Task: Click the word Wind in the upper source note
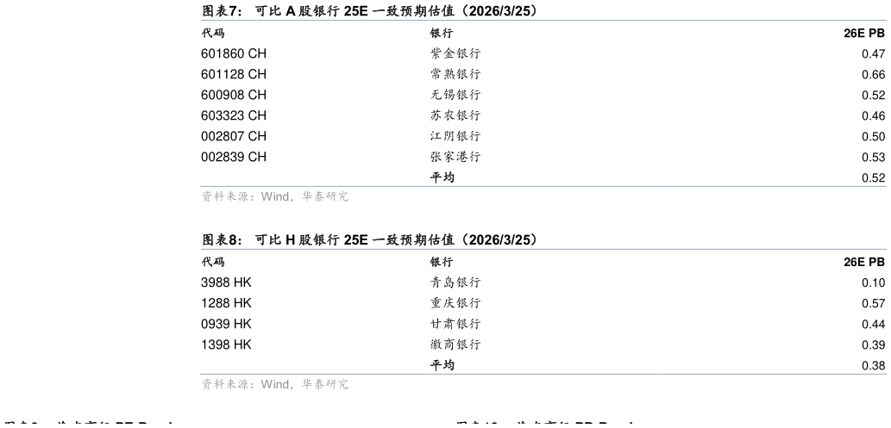pyautogui.click(x=275, y=196)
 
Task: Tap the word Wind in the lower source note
pyautogui.click(x=275, y=384)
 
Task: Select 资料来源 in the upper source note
pyautogui.click(x=224, y=196)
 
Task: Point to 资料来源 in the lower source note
pyautogui.click(x=224, y=384)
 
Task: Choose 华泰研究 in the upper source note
pyautogui.click(x=325, y=196)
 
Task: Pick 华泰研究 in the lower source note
pyautogui.click(x=325, y=384)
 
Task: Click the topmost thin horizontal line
pyautogui.click(x=543, y=20)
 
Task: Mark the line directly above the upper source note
pyautogui.click(x=543, y=185)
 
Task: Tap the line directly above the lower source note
pyautogui.click(x=543, y=374)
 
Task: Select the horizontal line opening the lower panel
pyautogui.click(x=543, y=249)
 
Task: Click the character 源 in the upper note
pyautogui.click(x=242, y=196)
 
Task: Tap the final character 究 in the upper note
pyautogui.click(x=343, y=196)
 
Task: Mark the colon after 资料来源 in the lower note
pyautogui.click(x=253, y=385)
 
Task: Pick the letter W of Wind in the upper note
pyautogui.click(x=266, y=196)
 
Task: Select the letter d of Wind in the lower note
pyautogui.click(x=285, y=384)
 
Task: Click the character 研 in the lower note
pyautogui.click(x=331, y=384)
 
